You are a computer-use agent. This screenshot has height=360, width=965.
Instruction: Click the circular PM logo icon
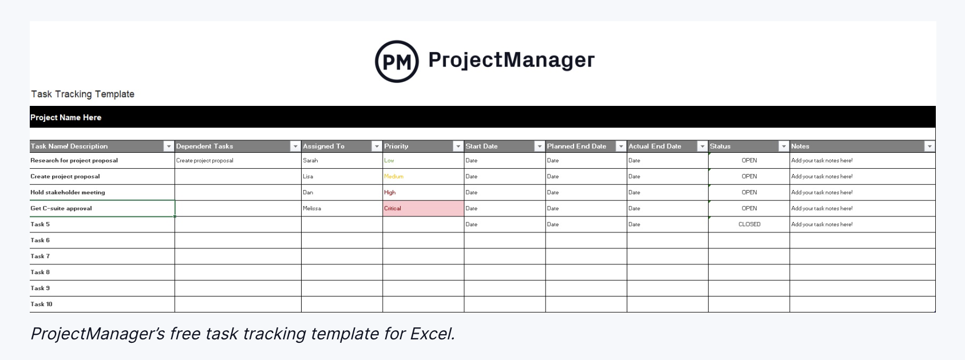click(397, 61)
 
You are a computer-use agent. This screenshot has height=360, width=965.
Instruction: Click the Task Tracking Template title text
click(82, 94)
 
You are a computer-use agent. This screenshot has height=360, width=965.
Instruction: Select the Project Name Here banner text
click(66, 117)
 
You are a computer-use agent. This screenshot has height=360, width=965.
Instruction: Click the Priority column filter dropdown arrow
click(458, 147)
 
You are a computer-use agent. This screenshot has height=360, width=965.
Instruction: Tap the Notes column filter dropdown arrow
click(930, 147)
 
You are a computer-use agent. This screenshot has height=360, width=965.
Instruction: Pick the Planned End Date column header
click(576, 147)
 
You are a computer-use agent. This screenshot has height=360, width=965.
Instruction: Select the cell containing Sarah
click(310, 160)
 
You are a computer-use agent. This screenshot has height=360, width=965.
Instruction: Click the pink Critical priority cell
click(423, 208)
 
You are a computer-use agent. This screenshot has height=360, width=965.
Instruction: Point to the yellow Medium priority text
click(394, 176)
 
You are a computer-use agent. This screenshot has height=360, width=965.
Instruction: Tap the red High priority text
click(390, 192)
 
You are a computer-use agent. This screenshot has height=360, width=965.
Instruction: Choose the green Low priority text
click(389, 160)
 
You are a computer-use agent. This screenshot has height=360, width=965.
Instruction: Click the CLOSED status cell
click(749, 224)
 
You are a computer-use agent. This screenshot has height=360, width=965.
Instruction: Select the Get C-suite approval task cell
click(61, 208)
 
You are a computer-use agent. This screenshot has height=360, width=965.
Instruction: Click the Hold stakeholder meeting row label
click(68, 192)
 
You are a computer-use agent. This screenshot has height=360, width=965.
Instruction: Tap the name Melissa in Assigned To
click(312, 208)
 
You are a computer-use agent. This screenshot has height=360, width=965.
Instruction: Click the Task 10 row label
click(41, 304)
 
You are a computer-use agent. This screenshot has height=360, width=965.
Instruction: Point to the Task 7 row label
click(40, 256)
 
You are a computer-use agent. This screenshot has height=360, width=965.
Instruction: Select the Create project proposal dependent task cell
click(205, 160)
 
